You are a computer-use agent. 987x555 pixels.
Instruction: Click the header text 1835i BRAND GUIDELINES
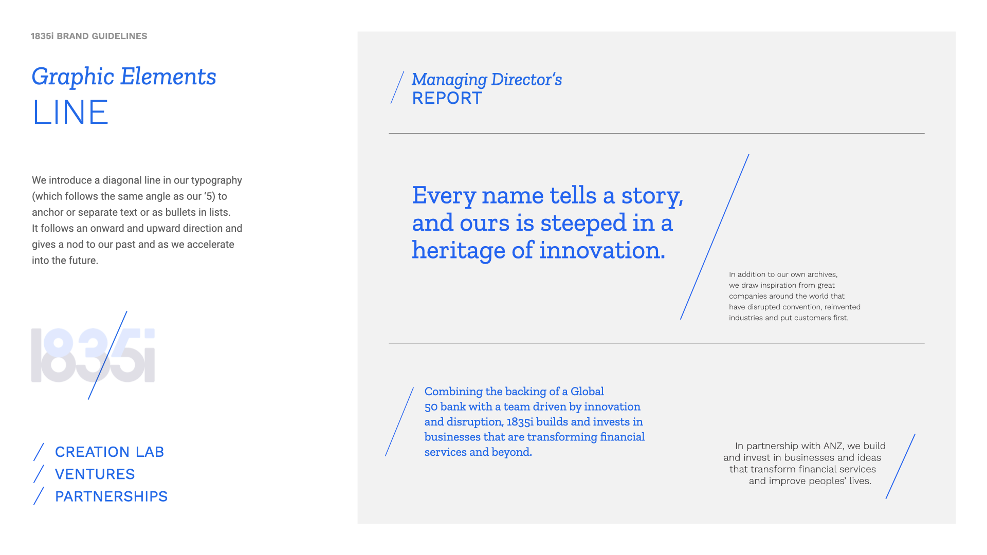(x=89, y=36)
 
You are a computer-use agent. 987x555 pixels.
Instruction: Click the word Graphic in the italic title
(x=73, y=77)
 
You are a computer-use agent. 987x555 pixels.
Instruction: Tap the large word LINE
(x=70, y=112)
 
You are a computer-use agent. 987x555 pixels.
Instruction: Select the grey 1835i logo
(x=93, y=355)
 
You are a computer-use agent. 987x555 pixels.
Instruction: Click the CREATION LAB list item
(x=109, y=452)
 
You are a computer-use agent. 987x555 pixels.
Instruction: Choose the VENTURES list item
(x=95, y=474)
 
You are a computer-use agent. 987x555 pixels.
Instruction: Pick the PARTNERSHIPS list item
(x=112, y=496)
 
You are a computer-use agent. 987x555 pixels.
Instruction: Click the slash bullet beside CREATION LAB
(x=39, y=452)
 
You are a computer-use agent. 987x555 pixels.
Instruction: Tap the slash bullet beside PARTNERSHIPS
(x=39, y=496)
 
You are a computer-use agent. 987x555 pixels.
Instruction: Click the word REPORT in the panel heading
(x=447, y=98)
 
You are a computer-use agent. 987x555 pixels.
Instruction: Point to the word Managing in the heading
(x=449, y=80)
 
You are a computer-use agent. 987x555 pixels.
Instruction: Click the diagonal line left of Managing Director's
(x=397, y=87)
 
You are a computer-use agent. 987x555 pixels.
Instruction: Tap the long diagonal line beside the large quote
(x=715, y=237)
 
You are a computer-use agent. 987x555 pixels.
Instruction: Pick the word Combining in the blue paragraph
(x=453, y=392)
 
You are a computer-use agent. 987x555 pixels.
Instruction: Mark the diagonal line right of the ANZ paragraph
(x=901, y=466)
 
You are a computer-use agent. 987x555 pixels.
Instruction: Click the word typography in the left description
(x=216, y=180)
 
